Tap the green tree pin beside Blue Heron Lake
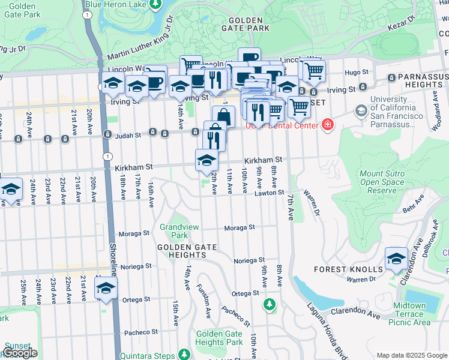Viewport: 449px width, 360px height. pos(155,5)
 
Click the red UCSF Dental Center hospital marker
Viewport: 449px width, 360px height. pos(328,125)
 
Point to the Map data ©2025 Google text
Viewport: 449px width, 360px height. pos(412,355)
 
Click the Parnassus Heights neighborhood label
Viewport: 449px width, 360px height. pos(418,81)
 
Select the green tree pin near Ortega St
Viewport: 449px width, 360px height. pos(270,305)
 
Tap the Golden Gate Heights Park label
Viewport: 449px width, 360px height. pos(219,338)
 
